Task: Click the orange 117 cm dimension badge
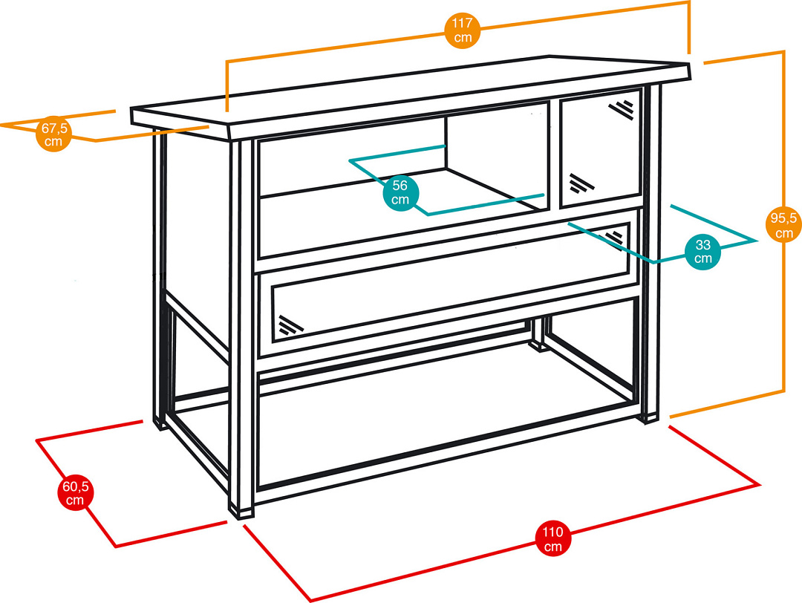coord(463,30)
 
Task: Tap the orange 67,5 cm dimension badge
coord(53,134)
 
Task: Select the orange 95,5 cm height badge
coord(783,225)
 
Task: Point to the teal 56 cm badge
coord(400,193)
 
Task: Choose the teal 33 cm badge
coord(702,252)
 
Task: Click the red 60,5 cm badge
coord(75,493)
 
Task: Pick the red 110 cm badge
coord(553,538)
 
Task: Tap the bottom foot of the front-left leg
coord(241,511)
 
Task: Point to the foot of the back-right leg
coord(537,346)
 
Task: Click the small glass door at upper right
coord(601,149)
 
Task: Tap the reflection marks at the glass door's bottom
coord(581,184)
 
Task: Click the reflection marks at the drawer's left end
coord(290,325)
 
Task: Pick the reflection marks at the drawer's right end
coord(613,238)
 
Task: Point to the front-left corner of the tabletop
coord(132,116)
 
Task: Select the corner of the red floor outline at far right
coord(758,484)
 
